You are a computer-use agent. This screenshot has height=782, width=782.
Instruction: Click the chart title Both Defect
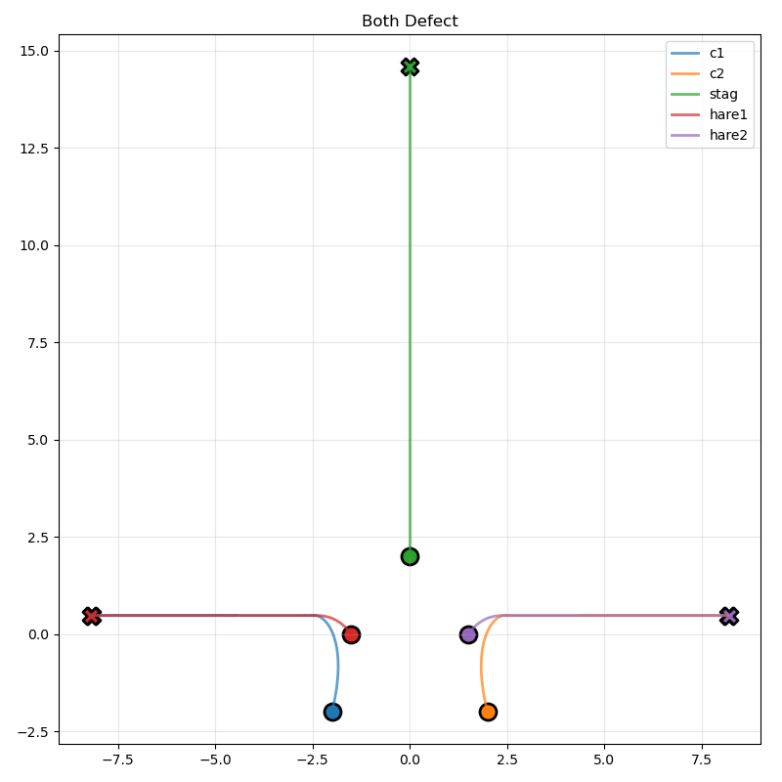click(x=410, y=22)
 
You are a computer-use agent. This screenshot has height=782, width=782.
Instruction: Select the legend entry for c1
click(x=717, y=53)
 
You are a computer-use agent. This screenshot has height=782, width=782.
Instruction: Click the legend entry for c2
click(x=717, y=73)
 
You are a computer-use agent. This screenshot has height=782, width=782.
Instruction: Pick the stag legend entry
click(x=722, y=94)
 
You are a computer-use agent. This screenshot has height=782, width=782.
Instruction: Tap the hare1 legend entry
click(x=727, y=114)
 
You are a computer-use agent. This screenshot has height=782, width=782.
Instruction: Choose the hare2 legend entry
click(x=727, y=135)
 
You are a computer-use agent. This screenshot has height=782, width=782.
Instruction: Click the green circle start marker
click(x=410, y=556)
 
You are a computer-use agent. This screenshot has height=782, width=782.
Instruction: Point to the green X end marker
click(x=410, y=66)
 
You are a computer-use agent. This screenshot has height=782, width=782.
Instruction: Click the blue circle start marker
click(x=332, y=712)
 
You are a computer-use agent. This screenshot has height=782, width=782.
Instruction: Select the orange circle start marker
click(x=488, y=712)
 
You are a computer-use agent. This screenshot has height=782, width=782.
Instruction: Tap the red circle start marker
click(x=351, y=634)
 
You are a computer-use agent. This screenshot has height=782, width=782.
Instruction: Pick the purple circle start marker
click(x=468, y=634)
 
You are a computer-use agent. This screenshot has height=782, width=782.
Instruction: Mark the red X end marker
click(x=91, y=616)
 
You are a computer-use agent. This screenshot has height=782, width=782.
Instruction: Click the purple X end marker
click(x=728, y=616)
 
